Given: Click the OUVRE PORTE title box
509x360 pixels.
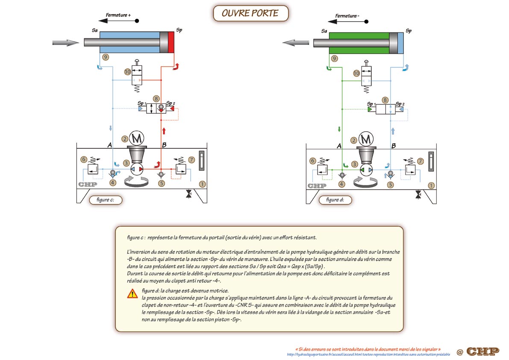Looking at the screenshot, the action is [250, 13].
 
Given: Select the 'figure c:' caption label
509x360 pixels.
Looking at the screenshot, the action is [106, 200].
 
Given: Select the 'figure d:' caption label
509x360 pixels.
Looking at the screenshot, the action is [335, 200].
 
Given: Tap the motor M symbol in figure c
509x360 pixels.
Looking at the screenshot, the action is [137, 138].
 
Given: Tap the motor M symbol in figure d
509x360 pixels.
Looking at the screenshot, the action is [366, 139].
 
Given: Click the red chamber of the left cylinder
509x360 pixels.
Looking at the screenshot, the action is [171, 42].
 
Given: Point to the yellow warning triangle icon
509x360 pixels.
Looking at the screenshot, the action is [132, 293].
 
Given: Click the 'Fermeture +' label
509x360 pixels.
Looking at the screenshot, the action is [118, 15].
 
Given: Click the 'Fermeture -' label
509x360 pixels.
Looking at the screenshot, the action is [347, 15].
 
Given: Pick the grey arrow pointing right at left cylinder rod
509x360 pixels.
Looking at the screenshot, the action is [65, 42].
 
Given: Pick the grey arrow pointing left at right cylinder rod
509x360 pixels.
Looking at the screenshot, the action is [296, 42].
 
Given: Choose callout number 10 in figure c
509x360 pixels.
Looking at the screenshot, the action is [128, 72].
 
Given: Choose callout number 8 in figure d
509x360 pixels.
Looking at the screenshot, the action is [385, 100].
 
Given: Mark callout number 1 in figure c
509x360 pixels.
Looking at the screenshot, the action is [202, 184].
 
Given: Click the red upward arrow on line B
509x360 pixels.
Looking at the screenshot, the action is [164, 131].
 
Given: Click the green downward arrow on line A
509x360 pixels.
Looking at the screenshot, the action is [339, 129].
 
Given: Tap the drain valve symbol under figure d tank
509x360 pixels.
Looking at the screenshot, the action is [418, 195].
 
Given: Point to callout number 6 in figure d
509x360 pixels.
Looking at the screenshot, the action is [312, 161].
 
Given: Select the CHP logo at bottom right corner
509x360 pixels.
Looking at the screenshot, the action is [483, 351].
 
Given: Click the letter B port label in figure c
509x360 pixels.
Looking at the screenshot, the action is [164, 145].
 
